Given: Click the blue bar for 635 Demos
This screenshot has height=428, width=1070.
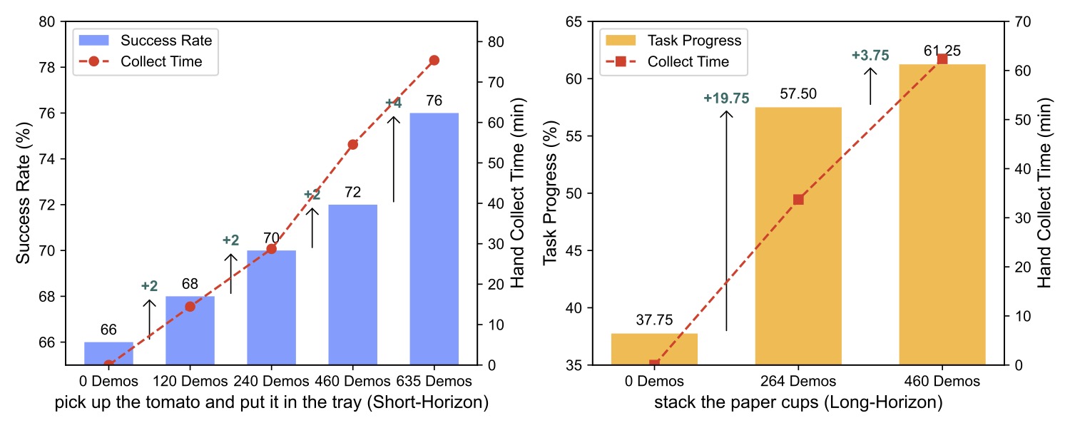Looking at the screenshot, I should [434, 239].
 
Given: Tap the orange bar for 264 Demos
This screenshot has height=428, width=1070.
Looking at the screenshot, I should [798, 236].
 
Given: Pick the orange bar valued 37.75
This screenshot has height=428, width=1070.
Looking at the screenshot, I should [654, 349].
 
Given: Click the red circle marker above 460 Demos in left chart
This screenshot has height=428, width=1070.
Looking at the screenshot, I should [352, 145].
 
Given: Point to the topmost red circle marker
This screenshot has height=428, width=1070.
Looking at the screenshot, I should [434, 61].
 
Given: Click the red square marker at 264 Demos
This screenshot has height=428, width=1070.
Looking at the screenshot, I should [798, 200].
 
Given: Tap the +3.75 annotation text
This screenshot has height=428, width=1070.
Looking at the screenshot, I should [870, 56].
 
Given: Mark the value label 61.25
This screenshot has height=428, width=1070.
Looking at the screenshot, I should [942, 51].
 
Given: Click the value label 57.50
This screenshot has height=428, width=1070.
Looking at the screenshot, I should [798, 93].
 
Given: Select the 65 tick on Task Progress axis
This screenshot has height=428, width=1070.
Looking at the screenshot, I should [576, 21].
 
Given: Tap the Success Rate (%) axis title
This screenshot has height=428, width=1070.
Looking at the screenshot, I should [23, 193].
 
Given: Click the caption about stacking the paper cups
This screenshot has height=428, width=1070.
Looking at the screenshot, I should [798, 403].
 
